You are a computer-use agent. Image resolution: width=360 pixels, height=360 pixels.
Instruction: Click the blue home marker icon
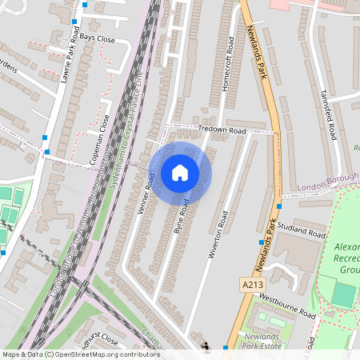tap(180, 173)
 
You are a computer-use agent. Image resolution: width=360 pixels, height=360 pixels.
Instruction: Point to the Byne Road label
tap(182, 217)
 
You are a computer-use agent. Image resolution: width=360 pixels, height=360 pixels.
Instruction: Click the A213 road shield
tap(249, 284)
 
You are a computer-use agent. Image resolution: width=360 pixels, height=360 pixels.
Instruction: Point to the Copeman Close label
tap(101, 141)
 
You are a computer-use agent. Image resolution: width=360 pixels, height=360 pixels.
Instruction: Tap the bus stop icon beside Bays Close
tap(74, 22)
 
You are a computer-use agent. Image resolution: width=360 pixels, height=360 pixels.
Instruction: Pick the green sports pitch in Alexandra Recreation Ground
tap(343, 294)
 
